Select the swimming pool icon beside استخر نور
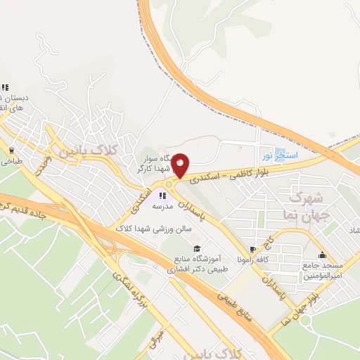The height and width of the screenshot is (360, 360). (x=281, y=153)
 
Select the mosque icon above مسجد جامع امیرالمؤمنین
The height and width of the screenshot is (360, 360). (x=322, y=255)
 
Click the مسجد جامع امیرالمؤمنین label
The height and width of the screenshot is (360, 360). (x=324, y=271)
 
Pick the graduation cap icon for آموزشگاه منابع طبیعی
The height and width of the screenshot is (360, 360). (x=198, y=248)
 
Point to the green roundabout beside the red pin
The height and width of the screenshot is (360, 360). (x=169, y=184)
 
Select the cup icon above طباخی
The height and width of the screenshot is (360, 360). (x=12, y=150)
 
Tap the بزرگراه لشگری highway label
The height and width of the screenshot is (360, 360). (x=121, y=294)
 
